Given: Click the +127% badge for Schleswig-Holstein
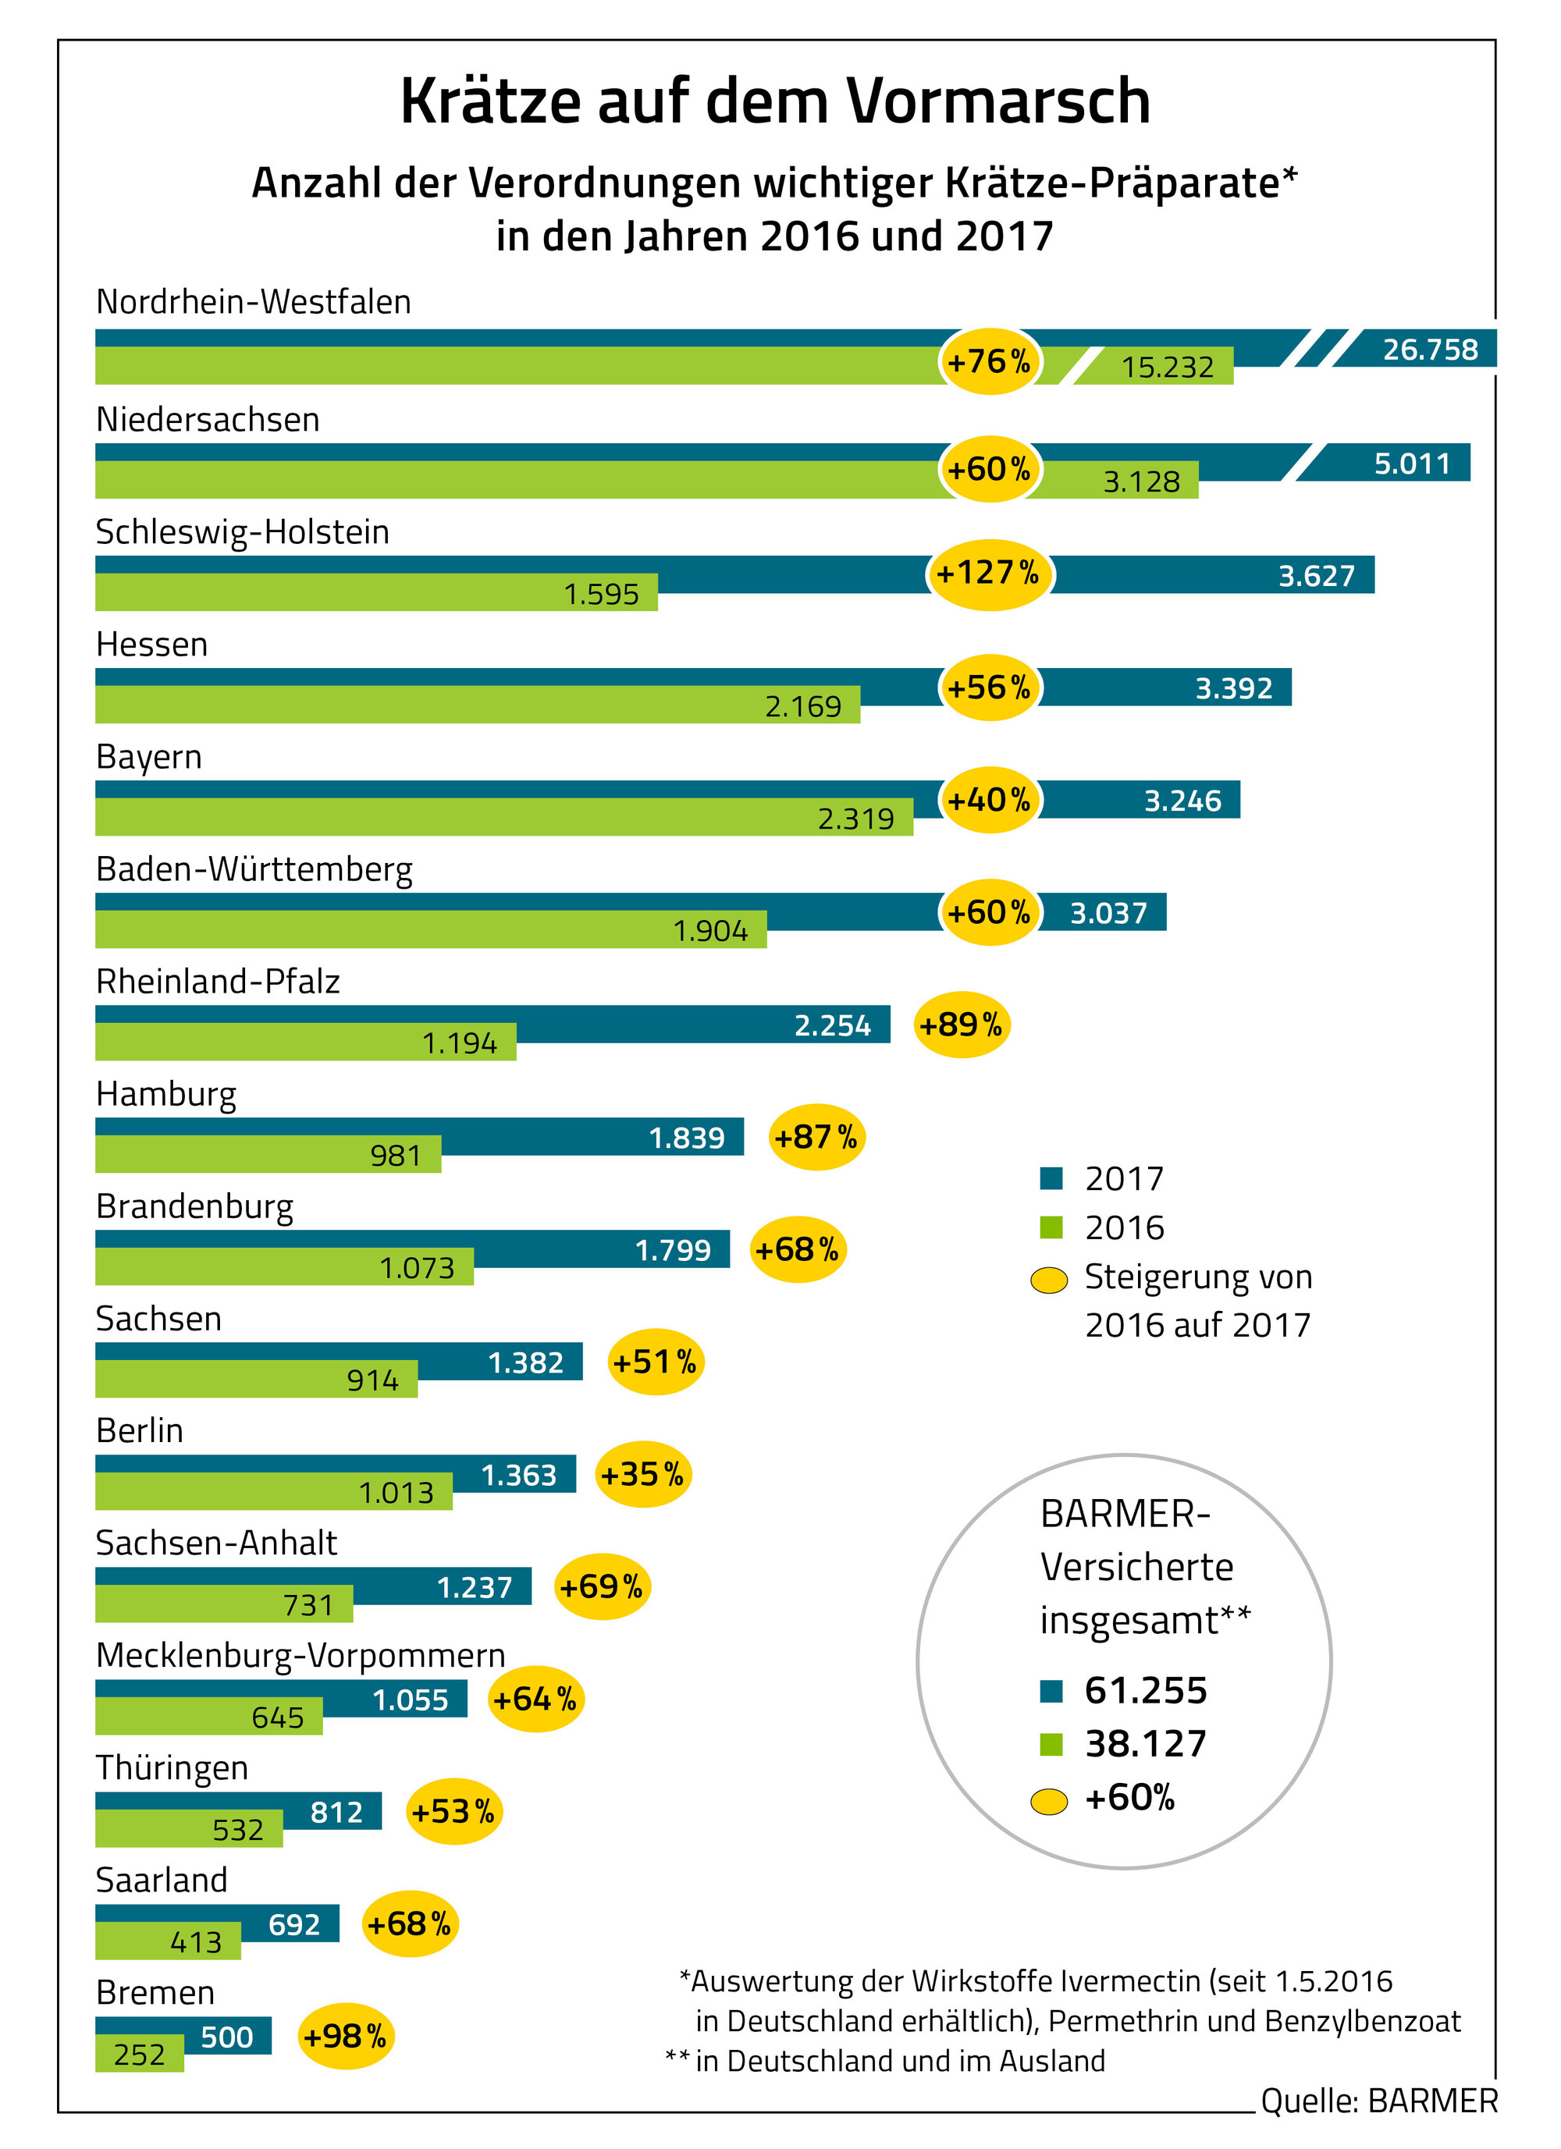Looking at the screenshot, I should pyautogui.click(x=990, y=574).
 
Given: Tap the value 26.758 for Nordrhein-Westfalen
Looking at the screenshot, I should pyautogui.click(x=1429, y=350).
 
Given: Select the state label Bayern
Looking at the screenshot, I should pyautogui.click(x=149, y=757).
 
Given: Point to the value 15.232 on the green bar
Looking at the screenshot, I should pyautogui.click(x=1167, y=367).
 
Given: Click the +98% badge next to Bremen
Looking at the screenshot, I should pyautogui.click(x=345, y=2037).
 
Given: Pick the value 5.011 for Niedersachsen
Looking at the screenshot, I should pyautogui.click(x=1411, y=464).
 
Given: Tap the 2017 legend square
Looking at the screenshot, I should pyautogui.click(x=1050, y=1178).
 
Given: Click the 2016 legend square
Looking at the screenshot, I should pyautogui.click(x=1050, y=1227).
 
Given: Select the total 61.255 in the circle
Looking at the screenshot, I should pyautogui.click(x=1145, y=1689).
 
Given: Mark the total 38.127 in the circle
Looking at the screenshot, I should pyautogui.click(x=1145, y=1742).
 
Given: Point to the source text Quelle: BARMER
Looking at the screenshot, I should pyautogui.click(x=1378, y=2101).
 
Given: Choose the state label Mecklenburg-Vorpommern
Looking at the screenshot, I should pyautogui.click(x=300, y=1655).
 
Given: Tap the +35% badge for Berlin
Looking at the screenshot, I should pyautogui.click(x=642, y=1474).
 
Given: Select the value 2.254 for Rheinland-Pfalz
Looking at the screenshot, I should pyautogui.click(x=831, y=1025).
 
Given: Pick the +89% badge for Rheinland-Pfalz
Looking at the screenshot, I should pyautogui.click(x=961, y=1025).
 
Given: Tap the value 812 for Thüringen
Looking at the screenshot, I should pyautogui.click(x=336, y=1812).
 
